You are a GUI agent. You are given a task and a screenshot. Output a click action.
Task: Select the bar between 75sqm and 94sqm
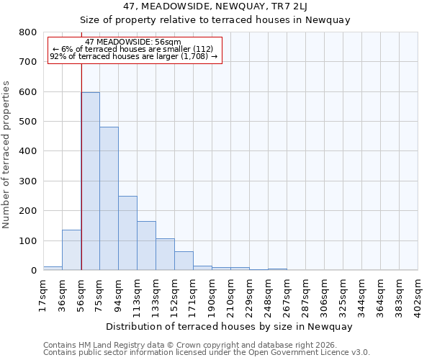coord(109,199)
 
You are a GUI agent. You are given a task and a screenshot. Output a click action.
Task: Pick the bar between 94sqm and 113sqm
coord(127,233)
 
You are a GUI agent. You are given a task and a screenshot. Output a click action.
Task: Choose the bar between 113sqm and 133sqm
coord(146,246)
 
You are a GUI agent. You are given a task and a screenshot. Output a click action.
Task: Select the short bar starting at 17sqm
coord(53,268)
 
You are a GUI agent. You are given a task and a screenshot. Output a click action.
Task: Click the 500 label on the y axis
coord(28,122)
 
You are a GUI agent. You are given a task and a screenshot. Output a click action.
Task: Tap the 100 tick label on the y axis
coord(28,240)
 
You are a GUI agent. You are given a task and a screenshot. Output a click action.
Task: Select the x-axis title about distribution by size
coord(229,326)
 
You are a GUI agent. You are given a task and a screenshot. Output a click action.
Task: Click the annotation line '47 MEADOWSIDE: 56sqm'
coord(133,42)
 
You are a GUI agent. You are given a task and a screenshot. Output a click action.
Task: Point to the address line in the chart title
coord(215,6)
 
